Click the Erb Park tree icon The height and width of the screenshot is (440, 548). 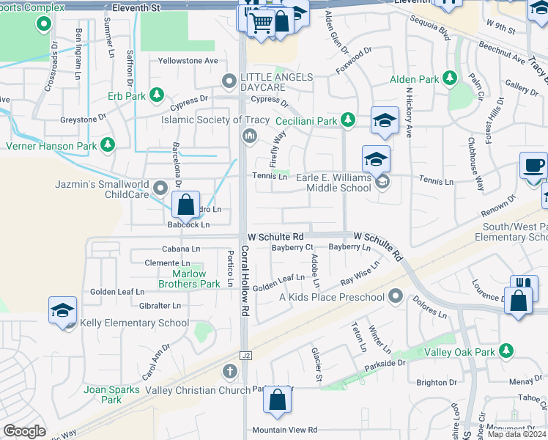pyautogui.click(x=156, y=95)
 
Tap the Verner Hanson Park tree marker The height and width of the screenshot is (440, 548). pyautogui.click(x=108, y=145)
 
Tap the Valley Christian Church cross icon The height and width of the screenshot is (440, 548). pyautogui.click(x=230, y=371)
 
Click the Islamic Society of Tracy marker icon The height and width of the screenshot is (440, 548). pyautogui.click(x=250, y=134)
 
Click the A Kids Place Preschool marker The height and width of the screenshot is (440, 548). pyautogui.click(x=396, y=296)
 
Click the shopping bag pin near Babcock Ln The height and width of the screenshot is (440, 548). pyautogui.click(x=186, y=204)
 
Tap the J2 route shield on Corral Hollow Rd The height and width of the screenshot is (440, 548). pyautogui.click(x=246, y=356)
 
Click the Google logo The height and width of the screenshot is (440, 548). pyautogui.click(x=24, y=432)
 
